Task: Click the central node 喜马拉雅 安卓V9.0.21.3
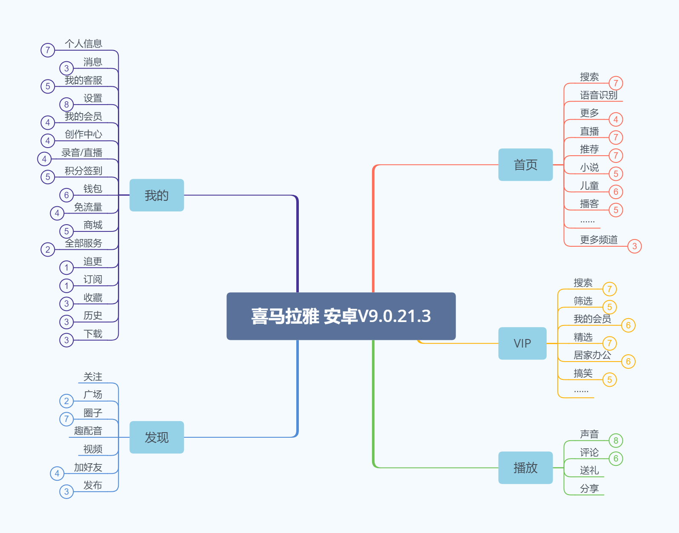(341, 316)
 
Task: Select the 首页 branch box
(525, 165)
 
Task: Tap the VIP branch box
(522, 343)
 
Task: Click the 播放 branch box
(525, 467)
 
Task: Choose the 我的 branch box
(157, 195)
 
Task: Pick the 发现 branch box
(157, 437)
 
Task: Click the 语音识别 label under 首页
(599, 95)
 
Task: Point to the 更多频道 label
(599, 240)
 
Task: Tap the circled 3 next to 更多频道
(634, 246)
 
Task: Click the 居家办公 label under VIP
(592, 355)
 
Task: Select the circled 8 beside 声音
(616, 441)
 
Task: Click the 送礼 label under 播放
(589, 470)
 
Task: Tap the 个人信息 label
(83, 44)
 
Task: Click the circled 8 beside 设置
(66, 104)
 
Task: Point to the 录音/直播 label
(82, 153)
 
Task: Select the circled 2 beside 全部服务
(48, 249)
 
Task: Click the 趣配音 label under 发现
(88, 431)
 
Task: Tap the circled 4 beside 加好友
(57, 473)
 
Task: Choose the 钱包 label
(93, 189)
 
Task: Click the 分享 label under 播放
(589, 489)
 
